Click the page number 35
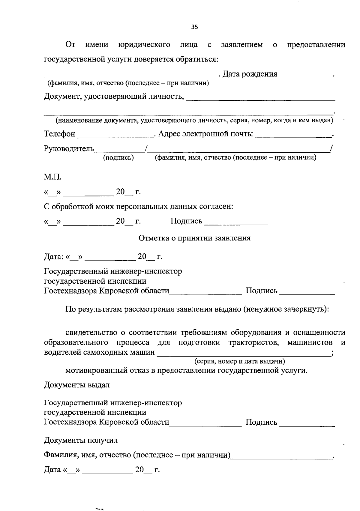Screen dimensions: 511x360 click(x=194, y=27)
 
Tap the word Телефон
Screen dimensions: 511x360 click(x=59, y=134)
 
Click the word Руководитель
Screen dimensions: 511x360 click(x=69, y=149)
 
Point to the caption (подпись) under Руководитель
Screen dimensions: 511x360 click(x=118, y=158)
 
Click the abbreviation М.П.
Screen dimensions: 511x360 click(x=53, y=177)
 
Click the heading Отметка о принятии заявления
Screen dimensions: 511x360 click(x=194, y=238)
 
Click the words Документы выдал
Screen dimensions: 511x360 click(x=77, y=385)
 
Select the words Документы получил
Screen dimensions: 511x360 click(x=81, y=441)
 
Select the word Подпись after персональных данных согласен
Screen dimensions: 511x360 click(x=186, y=221)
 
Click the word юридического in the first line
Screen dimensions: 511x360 click(x=144, y=45)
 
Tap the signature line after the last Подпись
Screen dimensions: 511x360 click(x=307, y=425)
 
